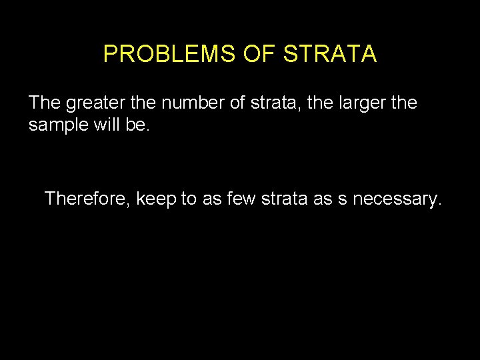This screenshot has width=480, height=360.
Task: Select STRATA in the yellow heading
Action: click(330, 54)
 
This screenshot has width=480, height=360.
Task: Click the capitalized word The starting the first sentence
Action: click(45, 103)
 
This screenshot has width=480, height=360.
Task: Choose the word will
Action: click(105, 125)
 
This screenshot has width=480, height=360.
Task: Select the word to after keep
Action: click(190, 199)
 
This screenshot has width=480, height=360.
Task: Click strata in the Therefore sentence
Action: click(280, 199)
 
